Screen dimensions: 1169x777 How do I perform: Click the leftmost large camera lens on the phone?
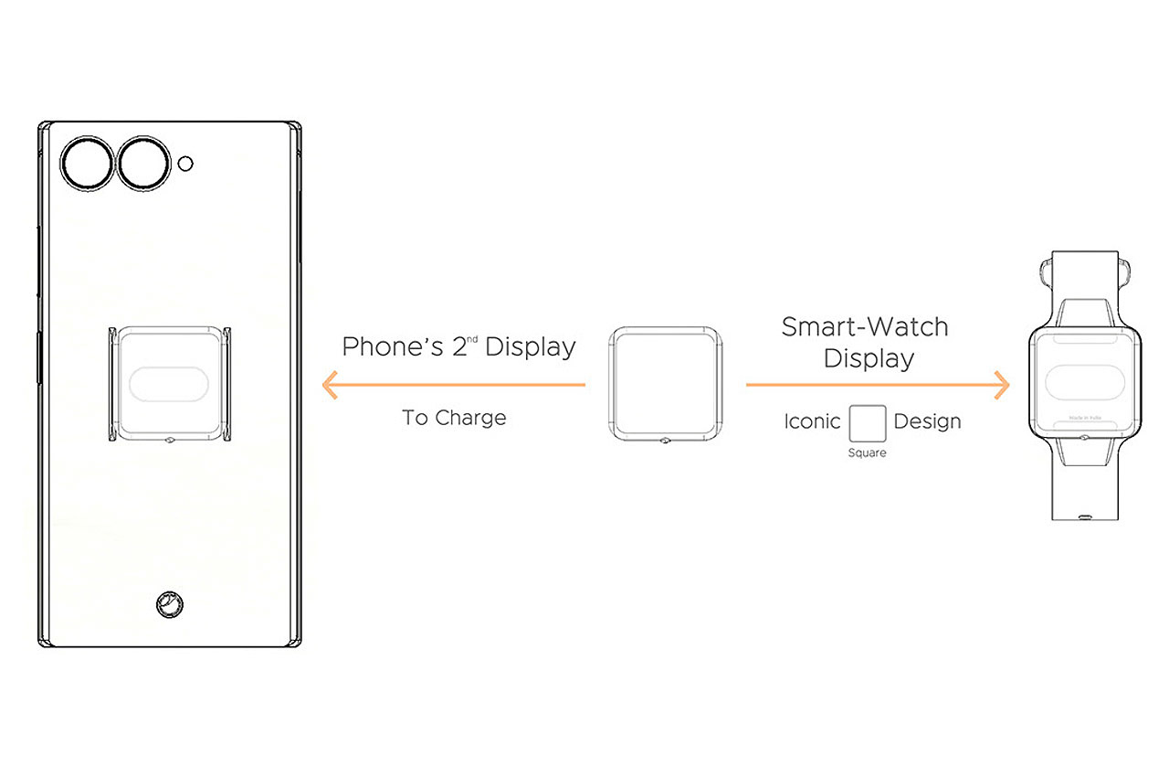(87, 164)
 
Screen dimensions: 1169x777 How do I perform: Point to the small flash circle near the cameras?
(185, 164)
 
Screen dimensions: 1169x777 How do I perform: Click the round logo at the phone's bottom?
(168, 603)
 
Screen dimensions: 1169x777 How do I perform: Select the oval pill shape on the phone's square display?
(170, 384)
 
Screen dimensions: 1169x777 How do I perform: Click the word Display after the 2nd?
(530, 347)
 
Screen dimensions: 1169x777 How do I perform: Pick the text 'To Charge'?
(454, 418)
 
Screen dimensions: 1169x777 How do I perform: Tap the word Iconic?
(812, 421)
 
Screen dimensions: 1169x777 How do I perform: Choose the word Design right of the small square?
(927, 421)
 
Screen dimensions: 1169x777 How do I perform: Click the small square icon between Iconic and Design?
(867, 423)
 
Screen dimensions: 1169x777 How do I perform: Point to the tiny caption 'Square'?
(867, 452)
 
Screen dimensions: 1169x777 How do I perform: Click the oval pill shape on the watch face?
(1084, 381)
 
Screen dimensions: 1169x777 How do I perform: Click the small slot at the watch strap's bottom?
(1084, 516)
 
